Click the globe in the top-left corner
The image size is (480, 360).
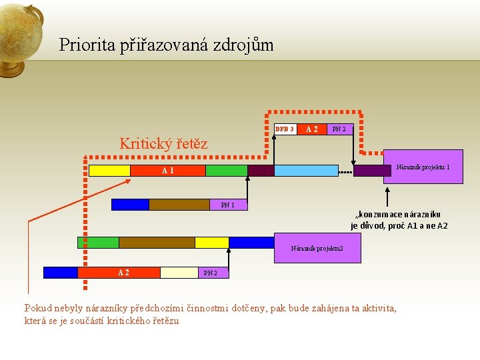[20, 33]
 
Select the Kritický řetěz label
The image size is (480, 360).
[163, 143]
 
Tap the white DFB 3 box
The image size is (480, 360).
[285, 129]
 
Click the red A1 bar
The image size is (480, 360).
[167, 171]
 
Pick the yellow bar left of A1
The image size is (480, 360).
[109, 171]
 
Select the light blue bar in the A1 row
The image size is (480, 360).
[306, 171]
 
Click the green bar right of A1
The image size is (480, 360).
[226, 171]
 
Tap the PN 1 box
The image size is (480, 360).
[228, 205]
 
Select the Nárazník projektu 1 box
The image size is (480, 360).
[423, 167]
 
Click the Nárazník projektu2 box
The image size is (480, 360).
[317, 249]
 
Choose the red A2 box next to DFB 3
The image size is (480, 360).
[311, 129]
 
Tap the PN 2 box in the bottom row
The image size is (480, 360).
[210, 272]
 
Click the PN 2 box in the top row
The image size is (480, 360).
[339, 129]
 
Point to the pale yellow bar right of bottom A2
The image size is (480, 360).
[178, 272]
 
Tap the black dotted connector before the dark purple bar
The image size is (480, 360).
[345, 171]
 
